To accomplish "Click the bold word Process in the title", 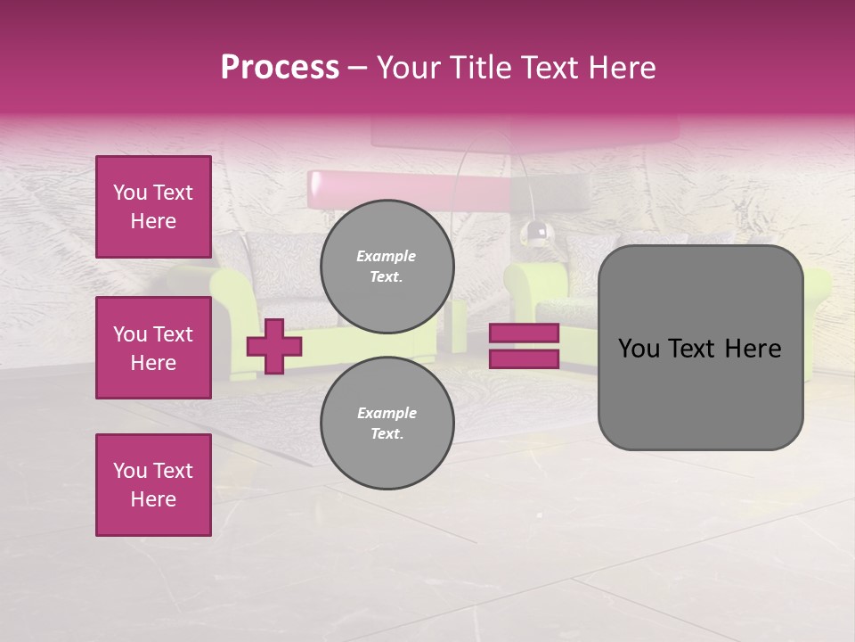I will [x=280, y=68].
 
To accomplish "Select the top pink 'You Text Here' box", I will [x=153, y=207].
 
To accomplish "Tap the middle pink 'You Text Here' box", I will [x=153, y=348].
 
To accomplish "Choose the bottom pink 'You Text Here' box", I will [x=153, y=485].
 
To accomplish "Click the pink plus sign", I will [x=274, y=346].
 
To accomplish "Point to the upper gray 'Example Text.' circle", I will [x=387, y=267].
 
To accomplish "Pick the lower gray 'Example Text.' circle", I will [x=387, y=424].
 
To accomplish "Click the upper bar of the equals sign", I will [x=524, y=333].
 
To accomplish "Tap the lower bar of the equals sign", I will [x=524, y=359].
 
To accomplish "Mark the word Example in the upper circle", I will [x=386, y=256].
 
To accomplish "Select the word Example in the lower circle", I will [x=387, y=413].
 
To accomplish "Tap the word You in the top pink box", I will [x=130, y=193].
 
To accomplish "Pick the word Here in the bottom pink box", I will [x=153, y=499].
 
